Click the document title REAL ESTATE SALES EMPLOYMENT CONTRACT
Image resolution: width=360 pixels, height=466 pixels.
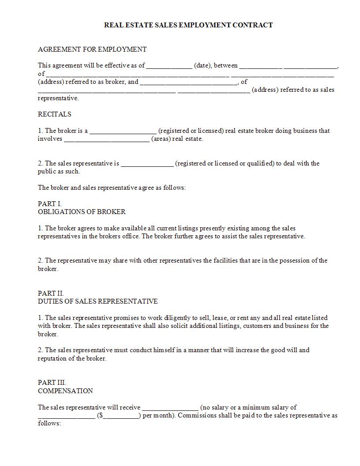tap(188, 25)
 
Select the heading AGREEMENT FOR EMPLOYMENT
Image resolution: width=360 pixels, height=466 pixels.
tap(92, 49)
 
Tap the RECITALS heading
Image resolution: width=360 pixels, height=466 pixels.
tap(54, 114)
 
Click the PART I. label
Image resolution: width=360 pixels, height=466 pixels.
tap(50, 204)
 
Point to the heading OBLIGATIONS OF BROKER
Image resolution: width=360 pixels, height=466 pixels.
tap(82, 212)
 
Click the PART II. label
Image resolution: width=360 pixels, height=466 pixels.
tap(51, 293)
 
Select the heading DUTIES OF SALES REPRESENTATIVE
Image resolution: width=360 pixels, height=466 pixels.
tap(97, 301)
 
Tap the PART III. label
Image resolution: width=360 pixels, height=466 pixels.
tap(52, 383)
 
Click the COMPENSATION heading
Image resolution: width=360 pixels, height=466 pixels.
tap(65, 391)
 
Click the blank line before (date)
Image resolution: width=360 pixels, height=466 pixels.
tap(169, 66)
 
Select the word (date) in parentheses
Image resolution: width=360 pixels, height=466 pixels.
tap(202, 66)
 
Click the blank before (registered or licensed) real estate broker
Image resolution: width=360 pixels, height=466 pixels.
tap(123, 132)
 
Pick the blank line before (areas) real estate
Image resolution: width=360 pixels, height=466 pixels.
tap(107, 139)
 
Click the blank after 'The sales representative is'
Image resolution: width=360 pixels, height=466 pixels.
tap(147, 164)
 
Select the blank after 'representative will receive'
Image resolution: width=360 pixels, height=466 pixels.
tap(170, 408)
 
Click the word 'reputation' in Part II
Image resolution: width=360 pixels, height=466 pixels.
tap(53, 358)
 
